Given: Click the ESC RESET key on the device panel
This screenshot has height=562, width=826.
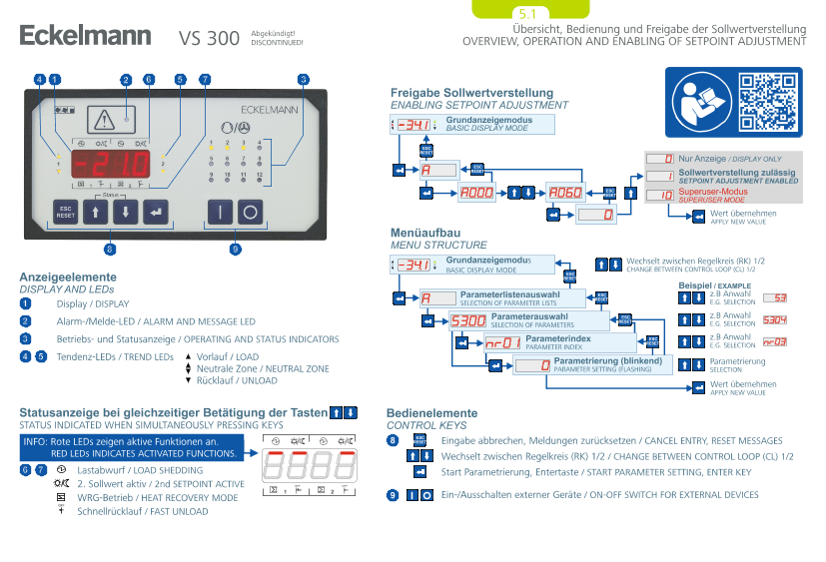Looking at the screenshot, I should pyautogui.click(x=66, y=211).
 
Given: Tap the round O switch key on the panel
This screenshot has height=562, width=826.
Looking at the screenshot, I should pyautogui.click(x=250, y=212).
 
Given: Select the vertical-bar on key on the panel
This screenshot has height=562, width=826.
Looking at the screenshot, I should pyautogui.click(x=221, y=212).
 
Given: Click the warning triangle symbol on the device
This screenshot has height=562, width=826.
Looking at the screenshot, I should pyautogui.click(x=104, y=122).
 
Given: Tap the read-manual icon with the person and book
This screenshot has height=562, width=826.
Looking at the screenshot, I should pyautogui.click(x=700, y=100).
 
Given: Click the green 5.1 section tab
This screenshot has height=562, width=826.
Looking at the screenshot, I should pyautogui.click(x=526, y=14).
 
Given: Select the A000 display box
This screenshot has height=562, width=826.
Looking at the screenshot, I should pyautogui.click(x=478, y=193).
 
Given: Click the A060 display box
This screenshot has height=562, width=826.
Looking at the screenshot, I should pyautogui.click(x=565, y=193).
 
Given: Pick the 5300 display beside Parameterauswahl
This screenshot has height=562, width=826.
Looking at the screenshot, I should pyautogui.click(x=468, y=320).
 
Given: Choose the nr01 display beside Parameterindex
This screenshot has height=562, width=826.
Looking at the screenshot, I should pyautogui.click(x=502, y=343).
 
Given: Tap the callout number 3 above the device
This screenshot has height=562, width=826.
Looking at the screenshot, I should pyautogui.click(x=303, y=79).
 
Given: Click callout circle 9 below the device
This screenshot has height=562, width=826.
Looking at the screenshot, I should pyautogui.click(x=235, y=249).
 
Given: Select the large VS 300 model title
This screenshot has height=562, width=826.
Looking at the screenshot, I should pyautogui.click(x=209, y=39).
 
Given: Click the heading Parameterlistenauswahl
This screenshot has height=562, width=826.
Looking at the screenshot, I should pyautogui.click(x=508, y=294).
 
